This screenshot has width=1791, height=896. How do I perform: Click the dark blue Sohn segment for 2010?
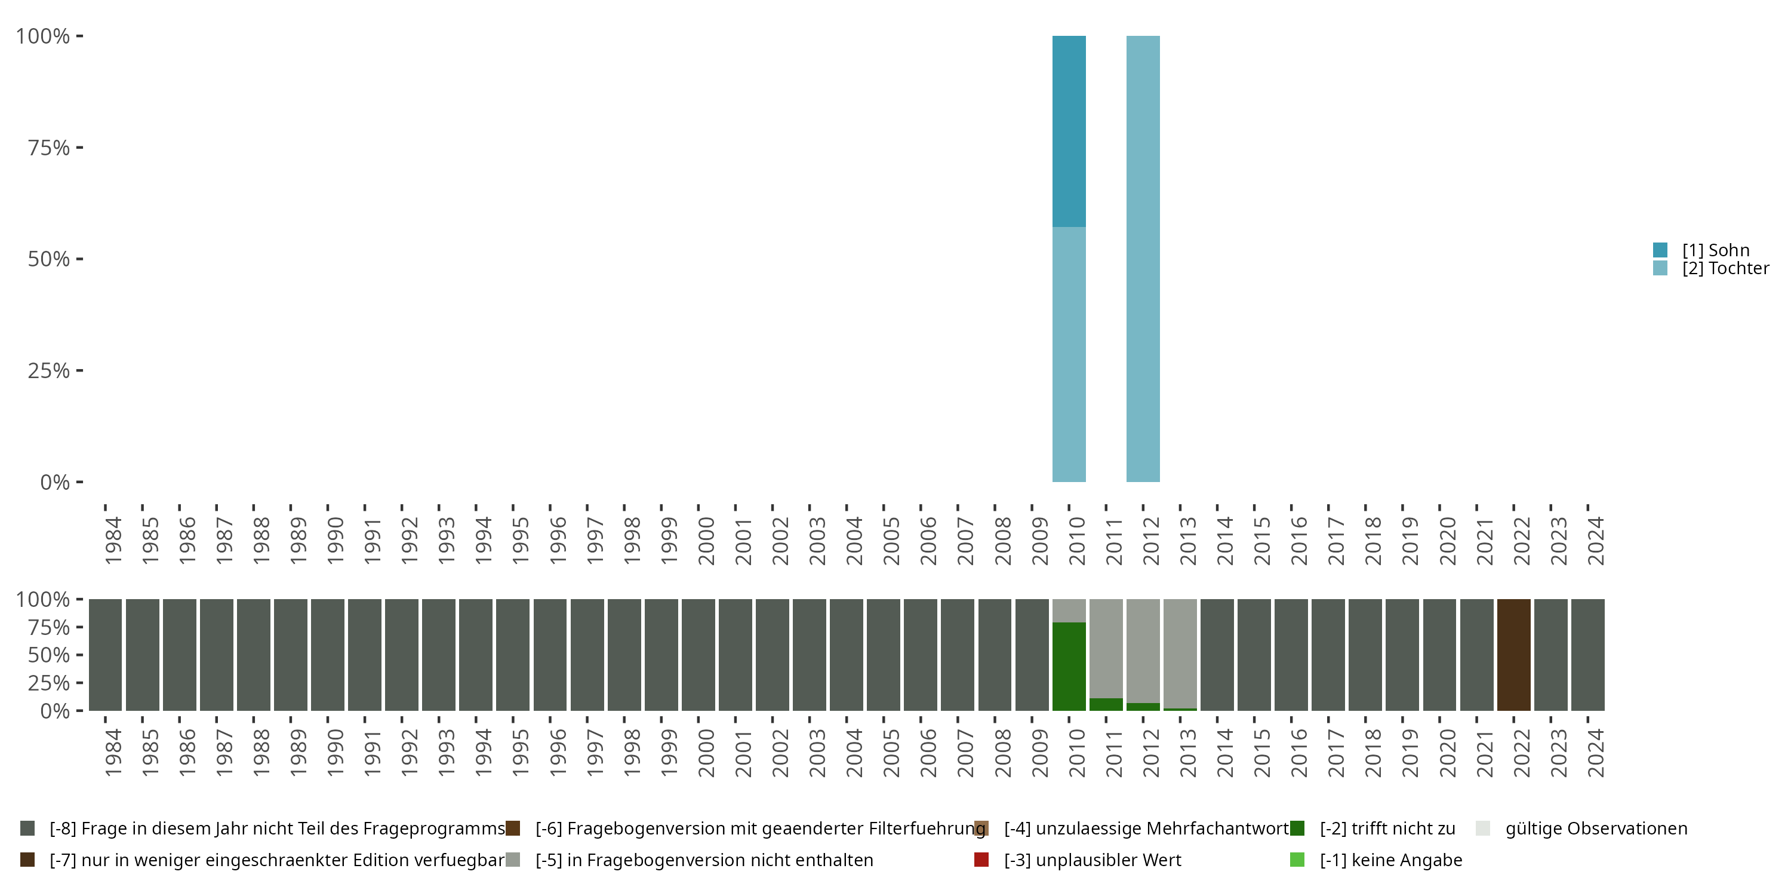pyautogui.click(x=1069, y=131)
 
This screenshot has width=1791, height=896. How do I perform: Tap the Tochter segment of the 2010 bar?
pyautogui.click(x=1069, y=354)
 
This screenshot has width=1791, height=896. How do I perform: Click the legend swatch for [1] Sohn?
pyautogui.click(x=1660, y=250)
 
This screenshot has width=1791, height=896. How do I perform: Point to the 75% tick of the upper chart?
pyautogui.click(x=79, y=148)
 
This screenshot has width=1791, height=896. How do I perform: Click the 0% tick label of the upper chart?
pyautogui.click(x=55, y=482)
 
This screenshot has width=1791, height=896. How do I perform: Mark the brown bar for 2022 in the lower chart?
pyautogui.click(x=1513, y=655)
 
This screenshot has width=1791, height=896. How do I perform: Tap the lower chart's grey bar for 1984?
pyautogui.click(x=105, y=655)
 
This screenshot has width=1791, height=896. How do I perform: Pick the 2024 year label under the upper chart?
pyautogui.click(x=1596, y=541)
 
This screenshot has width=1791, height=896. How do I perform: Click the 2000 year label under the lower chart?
pyautogui.click(x=706, y=753)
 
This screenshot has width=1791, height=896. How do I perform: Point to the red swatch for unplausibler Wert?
pyautogui.click(x=981, y=860)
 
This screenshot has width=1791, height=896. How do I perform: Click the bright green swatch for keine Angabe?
pyautogui.click(x=1297, y=860)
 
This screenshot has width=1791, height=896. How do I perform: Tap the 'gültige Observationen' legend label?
pyautogui.click(x=1596, y=829)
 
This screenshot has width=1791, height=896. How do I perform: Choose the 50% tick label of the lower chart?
pyautogui.click(x=49, y=655)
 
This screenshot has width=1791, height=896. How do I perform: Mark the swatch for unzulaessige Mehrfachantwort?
pyautogui.click(x=981, y=829)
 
